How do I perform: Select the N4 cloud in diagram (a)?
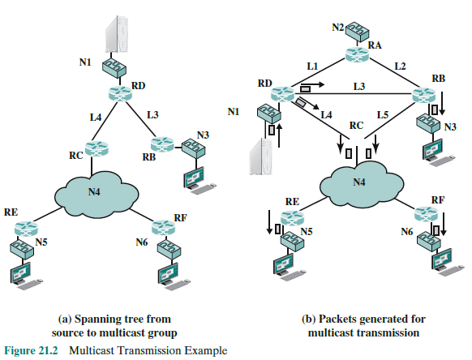(x=95, y=194)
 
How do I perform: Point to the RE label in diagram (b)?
(x=292, y=199)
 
